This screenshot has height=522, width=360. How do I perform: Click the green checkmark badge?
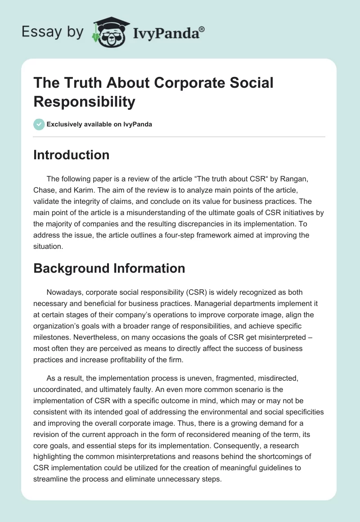(39, 124)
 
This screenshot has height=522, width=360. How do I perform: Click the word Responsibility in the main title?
(84, 102)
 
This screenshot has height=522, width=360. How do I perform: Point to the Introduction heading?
(71, 155)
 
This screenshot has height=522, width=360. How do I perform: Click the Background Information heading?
(109, 268)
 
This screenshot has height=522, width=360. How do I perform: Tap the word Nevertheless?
(77, 337)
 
